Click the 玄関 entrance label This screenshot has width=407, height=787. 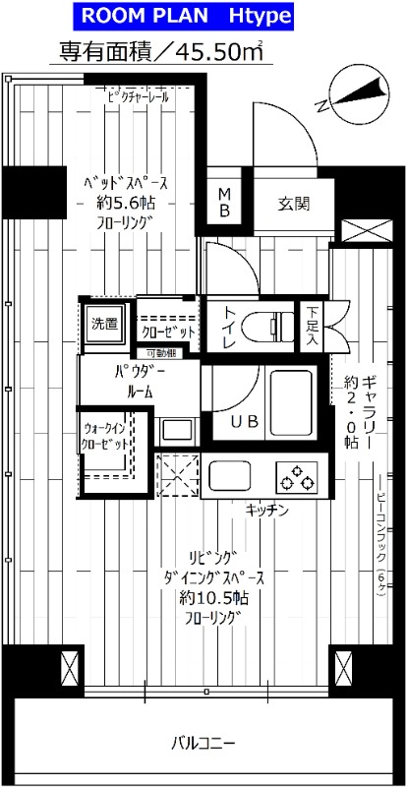[293, 205]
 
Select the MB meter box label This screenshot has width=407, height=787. [224, 203]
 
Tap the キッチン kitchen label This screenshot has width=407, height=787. [265, 510]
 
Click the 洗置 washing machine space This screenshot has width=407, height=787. [104, 323]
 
